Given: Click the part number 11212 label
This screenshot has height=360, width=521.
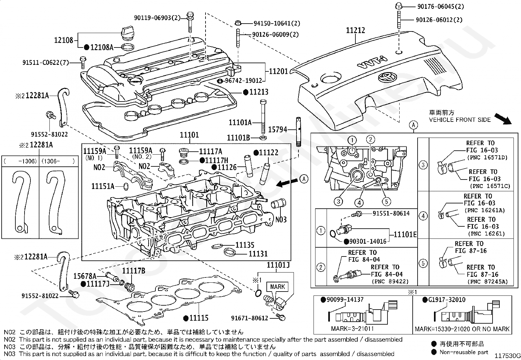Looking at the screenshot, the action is (x=355, y=30).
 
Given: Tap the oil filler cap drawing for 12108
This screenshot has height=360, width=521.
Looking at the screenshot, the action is (x=128, y=34).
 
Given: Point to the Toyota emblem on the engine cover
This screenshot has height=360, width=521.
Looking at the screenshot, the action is (x=387, y=77).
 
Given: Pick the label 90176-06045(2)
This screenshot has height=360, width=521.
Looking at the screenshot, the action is (x=440, y=7).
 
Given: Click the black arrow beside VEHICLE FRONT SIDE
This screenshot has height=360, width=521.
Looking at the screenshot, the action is (x=503, y=119).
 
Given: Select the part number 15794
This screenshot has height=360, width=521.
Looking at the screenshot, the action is (x=278, y=129).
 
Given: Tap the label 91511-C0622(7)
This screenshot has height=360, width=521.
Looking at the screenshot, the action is (x=45, y=63).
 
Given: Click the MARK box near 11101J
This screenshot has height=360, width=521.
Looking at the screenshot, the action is (x=278, y=287).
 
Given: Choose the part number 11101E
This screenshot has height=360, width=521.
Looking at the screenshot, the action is (x=405, y=235).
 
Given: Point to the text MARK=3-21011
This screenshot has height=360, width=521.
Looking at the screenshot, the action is (x=352, y=329).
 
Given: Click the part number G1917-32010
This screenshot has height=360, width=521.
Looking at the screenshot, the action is (x=447, y=299).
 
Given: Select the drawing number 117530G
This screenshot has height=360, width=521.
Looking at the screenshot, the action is (x=508, y=355).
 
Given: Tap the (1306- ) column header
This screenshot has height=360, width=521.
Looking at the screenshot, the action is (x=58, y=161).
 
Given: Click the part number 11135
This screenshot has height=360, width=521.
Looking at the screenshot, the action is (x=245, y=245).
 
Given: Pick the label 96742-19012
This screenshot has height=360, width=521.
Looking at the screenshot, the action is (x=243, y=81).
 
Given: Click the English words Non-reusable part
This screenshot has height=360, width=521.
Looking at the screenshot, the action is (x=464, y=352).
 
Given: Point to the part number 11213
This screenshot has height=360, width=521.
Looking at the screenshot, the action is (x=259, y=92).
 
